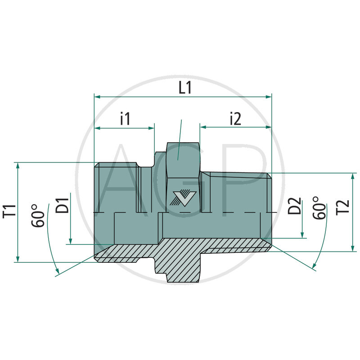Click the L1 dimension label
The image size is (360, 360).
point(185,87)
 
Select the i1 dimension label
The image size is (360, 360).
point(125,119)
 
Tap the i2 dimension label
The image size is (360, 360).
point(235,119)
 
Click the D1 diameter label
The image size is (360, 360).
point(63,205)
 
